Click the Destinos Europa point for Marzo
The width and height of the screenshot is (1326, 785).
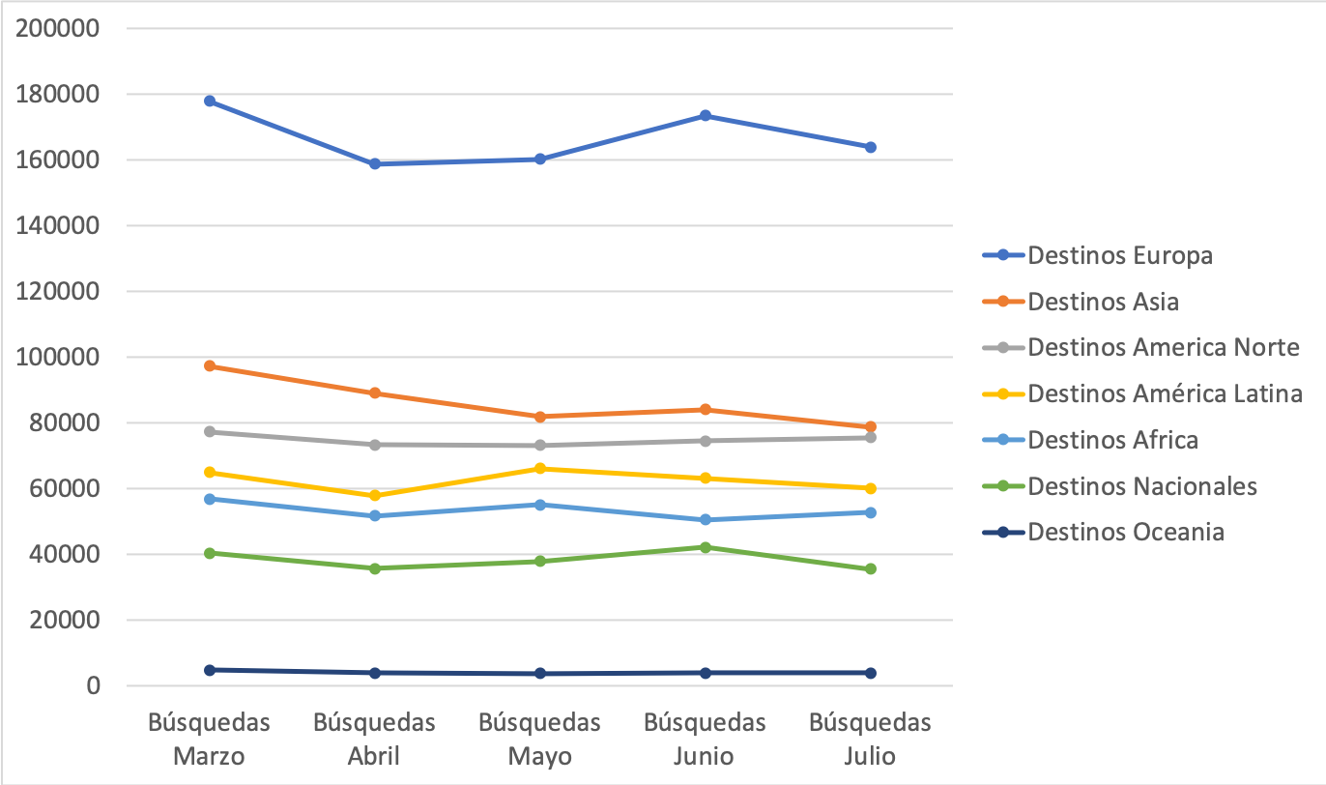210,101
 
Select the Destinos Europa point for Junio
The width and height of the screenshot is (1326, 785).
706,115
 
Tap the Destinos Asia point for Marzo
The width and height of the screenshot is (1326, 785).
210,365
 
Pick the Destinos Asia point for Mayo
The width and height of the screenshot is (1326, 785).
540,417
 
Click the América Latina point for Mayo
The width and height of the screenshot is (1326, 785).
540,469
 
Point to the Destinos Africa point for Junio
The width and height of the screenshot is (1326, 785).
706,519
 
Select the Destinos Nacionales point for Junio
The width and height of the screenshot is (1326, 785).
706,547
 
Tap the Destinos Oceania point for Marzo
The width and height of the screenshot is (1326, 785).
210,669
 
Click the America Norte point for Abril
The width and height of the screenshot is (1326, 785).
375,445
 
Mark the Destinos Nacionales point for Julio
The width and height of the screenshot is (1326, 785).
871,568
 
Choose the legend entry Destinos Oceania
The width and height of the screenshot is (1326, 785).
1126,532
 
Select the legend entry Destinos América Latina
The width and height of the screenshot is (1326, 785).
1165,393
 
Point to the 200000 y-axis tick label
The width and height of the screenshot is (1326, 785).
60,28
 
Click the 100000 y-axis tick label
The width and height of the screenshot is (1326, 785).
60,357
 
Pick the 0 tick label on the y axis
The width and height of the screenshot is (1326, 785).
93,685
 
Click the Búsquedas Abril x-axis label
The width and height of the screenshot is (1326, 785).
375,739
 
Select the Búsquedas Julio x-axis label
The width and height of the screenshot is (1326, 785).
871,739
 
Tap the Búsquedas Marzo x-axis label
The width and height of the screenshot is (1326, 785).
210,739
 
